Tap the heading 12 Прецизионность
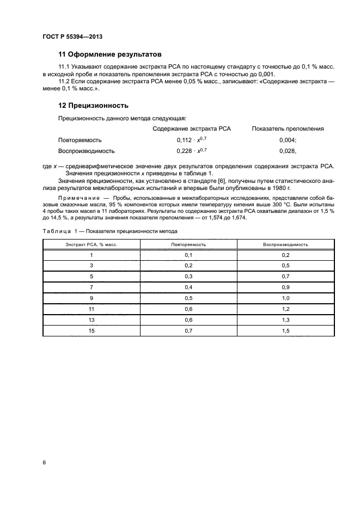[x=93, y=105]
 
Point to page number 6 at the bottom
[x=44, y=463]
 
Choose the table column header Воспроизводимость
[x=285, y=244]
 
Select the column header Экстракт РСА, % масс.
[x=91, y=244]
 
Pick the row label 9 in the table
[x=91, y=298]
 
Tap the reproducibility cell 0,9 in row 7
[x=285, y=287]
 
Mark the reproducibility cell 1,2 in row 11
[x=285, y=309]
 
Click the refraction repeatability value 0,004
[x=287, y=140]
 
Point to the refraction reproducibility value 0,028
[x=287, y=151]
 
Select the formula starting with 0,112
[x=192, y=140]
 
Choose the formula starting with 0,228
[x=192, y=151]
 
